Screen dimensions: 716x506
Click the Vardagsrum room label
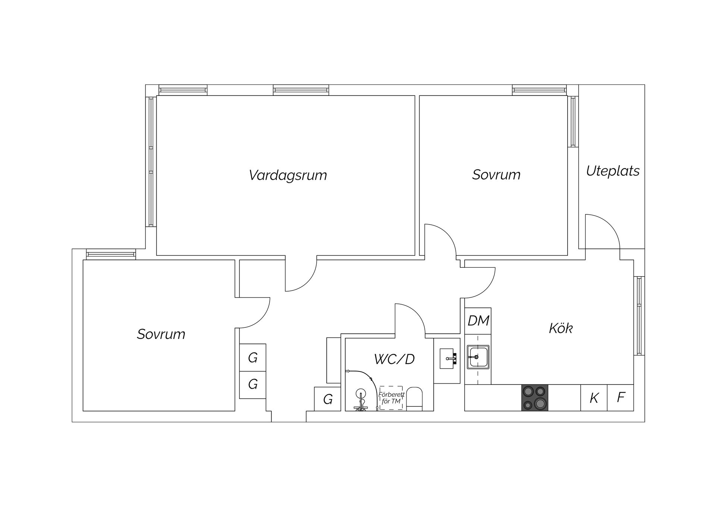[x=288, y=175]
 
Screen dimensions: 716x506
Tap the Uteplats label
[x=613, y=171]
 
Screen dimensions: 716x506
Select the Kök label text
[x=560, y=328]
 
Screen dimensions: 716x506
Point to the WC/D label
[x=394, y=359]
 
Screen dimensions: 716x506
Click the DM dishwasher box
[x=478, y=321]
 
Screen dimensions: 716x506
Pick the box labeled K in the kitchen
[x=594, y=398]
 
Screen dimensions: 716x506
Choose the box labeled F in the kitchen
[x=621, y=398]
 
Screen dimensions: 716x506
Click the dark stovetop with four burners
[x=535, y=398]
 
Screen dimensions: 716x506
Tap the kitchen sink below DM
[x=478, y=357]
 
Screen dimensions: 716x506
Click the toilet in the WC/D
[x=414, y=399]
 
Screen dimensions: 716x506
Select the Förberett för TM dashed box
[x=391, y=398]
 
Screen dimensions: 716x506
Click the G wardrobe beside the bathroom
[x=327, y=399]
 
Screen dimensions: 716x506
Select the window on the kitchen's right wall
[x=639, y=316]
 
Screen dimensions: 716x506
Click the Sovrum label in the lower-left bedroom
[x=161, y=334]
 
